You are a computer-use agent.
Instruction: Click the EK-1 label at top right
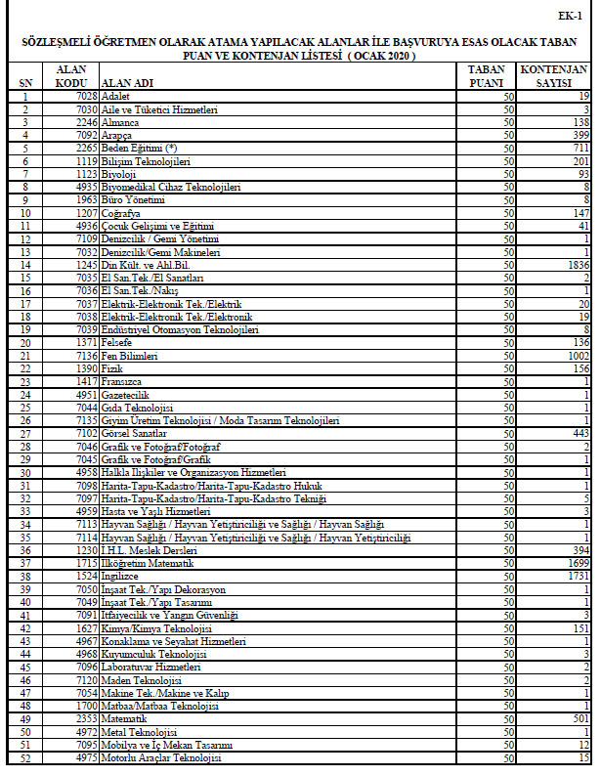[x=571, y=17]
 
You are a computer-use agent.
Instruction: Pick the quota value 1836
[x=575, y=264]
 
